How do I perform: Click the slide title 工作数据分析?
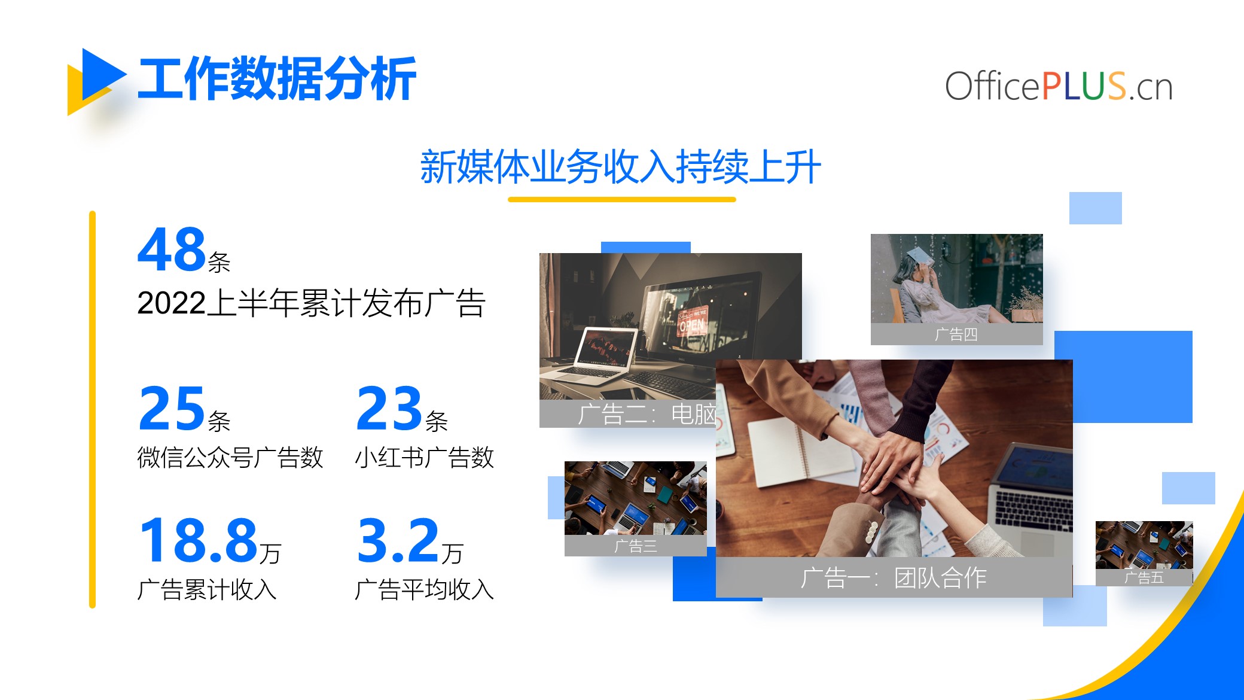tap(277, 78)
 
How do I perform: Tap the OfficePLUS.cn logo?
tap(1059, 86)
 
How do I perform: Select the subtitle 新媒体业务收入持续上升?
tap(621, 167)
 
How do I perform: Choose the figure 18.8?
tap(198, 541)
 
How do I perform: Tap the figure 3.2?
tap(398, 541)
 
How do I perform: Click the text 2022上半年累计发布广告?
tap(311, 303)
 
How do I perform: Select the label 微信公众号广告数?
tap(230, 458)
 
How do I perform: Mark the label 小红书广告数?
tap(425, 458)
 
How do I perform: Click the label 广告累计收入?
tap(207, 590)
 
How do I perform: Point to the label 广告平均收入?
tap(425, 590)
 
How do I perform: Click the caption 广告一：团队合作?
tap(894, 578)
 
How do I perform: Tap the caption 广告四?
tap(956, 334)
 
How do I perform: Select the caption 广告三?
tap(636, 546)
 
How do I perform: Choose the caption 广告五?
tap(1144, 577)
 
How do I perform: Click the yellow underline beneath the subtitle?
tap(622, 199)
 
